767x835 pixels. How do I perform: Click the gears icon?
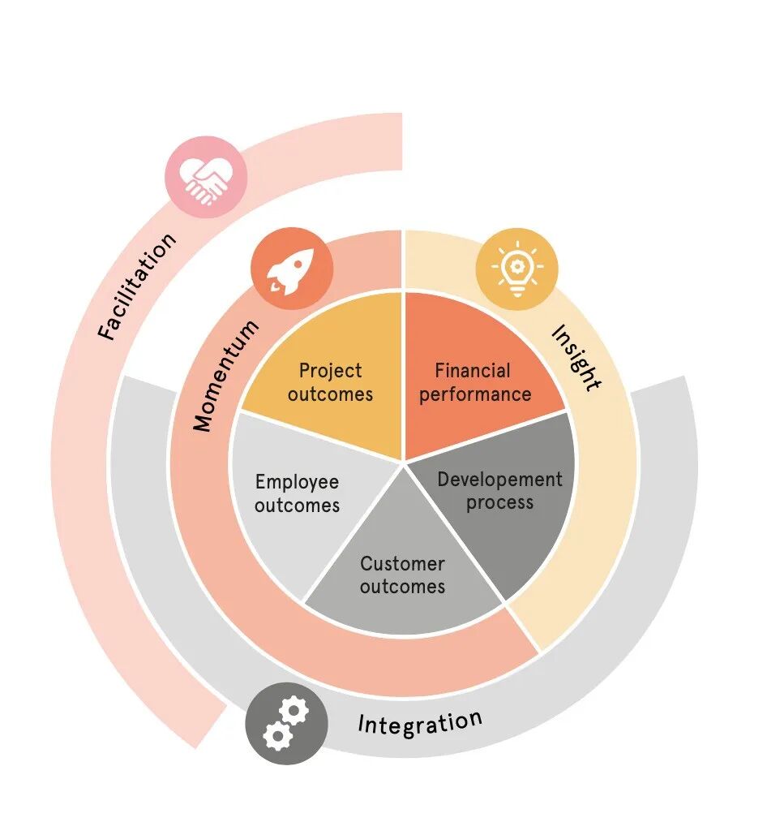tap(286, 724)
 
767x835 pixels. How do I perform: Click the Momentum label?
tap(226, 374)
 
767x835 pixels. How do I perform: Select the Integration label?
tap(420, 721)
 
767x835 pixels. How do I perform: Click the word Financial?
tap(473, 371)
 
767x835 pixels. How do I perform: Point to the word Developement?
tap(499, 480)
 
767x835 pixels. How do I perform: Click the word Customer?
tap(403, 563)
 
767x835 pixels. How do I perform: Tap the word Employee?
tap(297, 482)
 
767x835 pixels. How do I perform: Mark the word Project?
tap(330, 371)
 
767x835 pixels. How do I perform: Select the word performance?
tap(475, 394)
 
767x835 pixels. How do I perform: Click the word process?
tap(499, 502)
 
